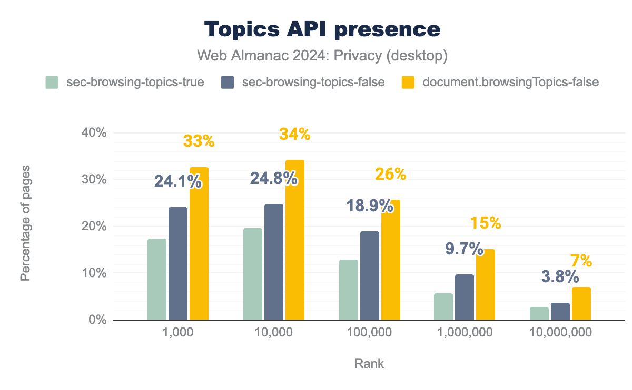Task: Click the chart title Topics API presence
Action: pyautogui.click(x=322, y=29)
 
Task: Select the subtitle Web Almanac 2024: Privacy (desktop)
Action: pyautogui.click(x=322, y=56)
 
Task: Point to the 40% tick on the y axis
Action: pyautogui.click(x=95, y=132)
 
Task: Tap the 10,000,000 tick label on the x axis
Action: pyautogui.click(x=560, y=332)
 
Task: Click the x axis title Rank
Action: pyautogui.click(x=369, y=364)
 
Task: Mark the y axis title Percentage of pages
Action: pyautogui.click(x=25, y=223)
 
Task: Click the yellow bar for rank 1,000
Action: pyautogui.click(x=199, y=243)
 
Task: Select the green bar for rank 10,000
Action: pyautogui.click(x=253, y=274)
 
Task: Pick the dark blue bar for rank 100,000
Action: pyautogui.click(x=369, y=275)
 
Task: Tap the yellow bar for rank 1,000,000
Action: pyautogui.click(x=486, y=284)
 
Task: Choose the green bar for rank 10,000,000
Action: pyautogui.click(x=539, y=313)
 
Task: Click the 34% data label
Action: pyautogui.click(x=295, y=135)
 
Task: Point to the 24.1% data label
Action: pyautogui.click(x=177, y=182)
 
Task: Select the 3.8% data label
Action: pyautogui.click(x=560, y=276)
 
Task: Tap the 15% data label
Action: pyautogui.click(x=486, y=223)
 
